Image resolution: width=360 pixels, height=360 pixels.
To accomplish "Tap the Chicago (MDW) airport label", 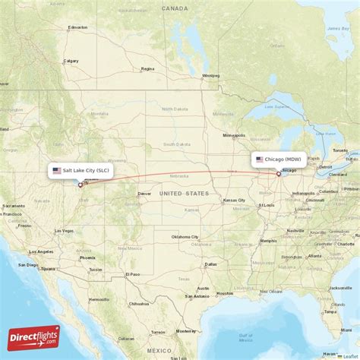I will coord(279,159).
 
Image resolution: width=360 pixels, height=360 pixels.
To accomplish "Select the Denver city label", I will coord(144,194).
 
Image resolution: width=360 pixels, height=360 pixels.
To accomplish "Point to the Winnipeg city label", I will coord(210,76).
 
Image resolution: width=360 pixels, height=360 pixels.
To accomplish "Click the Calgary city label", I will coord(71,61).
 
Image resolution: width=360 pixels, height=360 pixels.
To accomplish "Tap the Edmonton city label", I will coord(77,27).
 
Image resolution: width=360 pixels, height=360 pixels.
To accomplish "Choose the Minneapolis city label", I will coord(233,135).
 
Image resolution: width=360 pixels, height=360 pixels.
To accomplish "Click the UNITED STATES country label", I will coord(184,194).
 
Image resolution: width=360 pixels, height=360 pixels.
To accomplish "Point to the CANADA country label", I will coord(175,8).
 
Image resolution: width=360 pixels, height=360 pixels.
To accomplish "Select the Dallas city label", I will coord(205,266).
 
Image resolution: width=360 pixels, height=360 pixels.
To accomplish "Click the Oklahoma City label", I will coord(185,237).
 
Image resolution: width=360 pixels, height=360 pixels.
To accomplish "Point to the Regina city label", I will coord(147,68).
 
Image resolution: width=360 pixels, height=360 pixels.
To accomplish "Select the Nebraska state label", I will coord(179,175).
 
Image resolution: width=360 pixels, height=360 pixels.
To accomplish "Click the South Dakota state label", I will coord(177,144).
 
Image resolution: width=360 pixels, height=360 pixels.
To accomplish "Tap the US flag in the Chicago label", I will coord(260,159).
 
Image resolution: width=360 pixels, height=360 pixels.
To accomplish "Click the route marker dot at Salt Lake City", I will coord(81,185).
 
